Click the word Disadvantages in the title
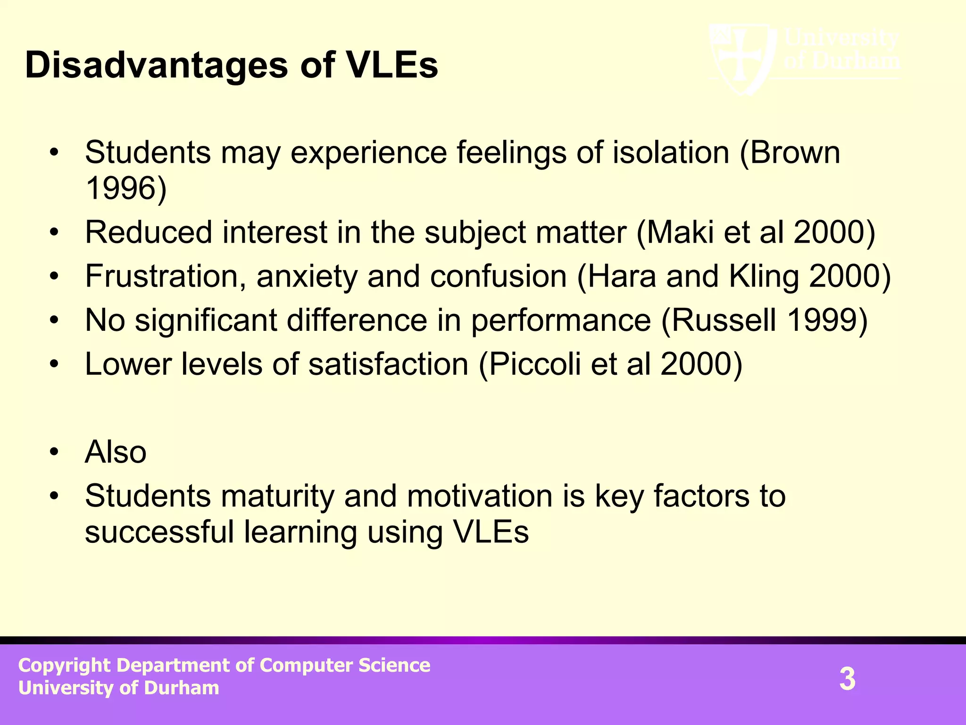tap(156, 65)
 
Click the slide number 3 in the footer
tap(847, 679)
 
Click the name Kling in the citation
tap(764, 276)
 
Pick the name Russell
tap(724, 320)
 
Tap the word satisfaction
tap(388, 364)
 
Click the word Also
tap(116, 452)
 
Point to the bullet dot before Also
tap(55, 452)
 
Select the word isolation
tap(671, 152)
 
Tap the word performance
tap(561, 320)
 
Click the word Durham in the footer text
tap(182, 688)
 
